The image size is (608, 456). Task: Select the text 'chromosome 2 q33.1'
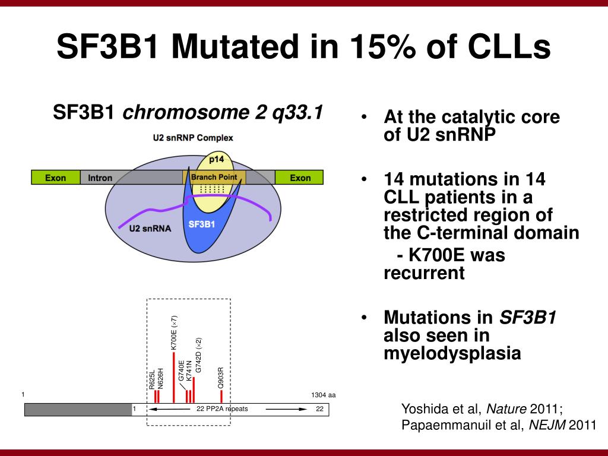(x=223, y=112)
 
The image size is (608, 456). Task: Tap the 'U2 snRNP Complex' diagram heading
(x=194, y=138)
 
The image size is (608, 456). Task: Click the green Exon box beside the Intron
(x=55, y=177)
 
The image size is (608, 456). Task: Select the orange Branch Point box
(x=214, y=177)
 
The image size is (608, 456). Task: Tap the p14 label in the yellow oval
(x=216, y=159)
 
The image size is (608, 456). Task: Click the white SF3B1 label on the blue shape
(x=201, y=224)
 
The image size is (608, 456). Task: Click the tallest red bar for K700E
(x=173, y=378)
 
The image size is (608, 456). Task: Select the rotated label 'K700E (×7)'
(x=174, y=332)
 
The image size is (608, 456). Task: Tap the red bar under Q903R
(x=221, y=396)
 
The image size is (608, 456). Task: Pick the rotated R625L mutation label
(x=152, y=379)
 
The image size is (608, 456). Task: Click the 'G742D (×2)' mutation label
(x=199, y=354)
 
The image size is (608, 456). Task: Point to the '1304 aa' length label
(x=323, y=395)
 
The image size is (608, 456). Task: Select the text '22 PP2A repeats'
(x=222, y=409)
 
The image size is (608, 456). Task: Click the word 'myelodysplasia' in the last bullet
(x=452, y=354)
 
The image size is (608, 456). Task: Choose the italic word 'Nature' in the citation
(x=506, y=408)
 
